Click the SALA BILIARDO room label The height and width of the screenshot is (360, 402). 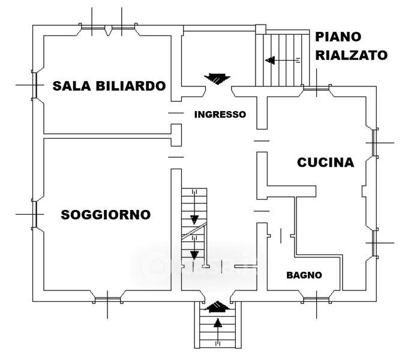[x=109, y=86]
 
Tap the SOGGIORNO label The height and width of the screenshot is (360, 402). [x=106, y=215]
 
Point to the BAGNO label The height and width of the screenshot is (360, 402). [x=304, y=275]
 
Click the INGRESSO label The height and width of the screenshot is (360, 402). [x=220, y=114]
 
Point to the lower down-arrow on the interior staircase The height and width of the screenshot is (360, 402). [x=194, y=254]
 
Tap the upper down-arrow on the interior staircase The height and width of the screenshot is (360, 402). [x=194, y=218]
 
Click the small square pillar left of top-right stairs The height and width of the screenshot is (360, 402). [x=260, y=30]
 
